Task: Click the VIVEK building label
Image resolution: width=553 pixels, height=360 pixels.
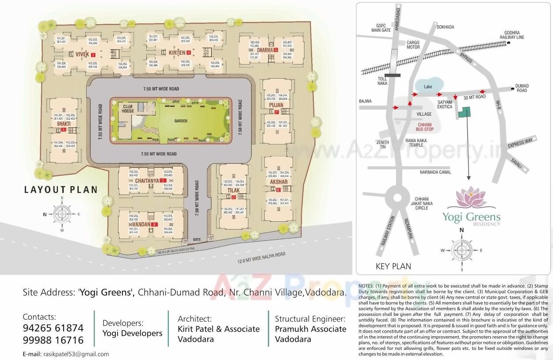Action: [x=82, y=54]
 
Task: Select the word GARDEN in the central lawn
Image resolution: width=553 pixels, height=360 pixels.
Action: [x=181, y=121]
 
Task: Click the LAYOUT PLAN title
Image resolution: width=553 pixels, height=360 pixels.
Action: [x=61, y=190]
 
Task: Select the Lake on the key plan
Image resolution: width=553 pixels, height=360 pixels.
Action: [x=428, y=87]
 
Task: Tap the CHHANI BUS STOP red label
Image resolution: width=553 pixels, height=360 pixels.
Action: [x=425, y=127]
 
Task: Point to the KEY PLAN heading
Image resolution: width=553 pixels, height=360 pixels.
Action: [x=393, y=266]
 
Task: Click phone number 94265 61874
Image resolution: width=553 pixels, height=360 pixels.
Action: [x=53, y=328]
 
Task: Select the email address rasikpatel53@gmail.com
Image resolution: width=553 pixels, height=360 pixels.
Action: [x=76, y=354]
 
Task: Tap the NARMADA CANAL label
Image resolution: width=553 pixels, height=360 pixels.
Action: [x=435, y=172]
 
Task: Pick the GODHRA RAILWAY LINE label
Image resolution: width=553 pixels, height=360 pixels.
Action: [x=514, y=35]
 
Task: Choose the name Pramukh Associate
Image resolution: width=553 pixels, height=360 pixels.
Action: [x=310, y=329]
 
